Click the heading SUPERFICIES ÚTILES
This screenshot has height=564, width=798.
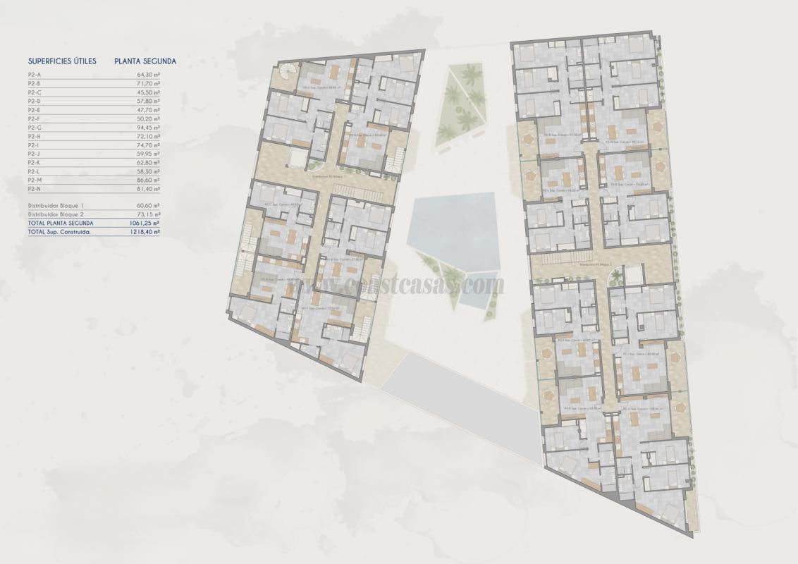tap(62, 61)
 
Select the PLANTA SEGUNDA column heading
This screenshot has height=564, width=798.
tap(145, 61)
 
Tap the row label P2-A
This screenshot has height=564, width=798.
tap(34, 73)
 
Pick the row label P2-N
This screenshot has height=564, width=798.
tap(34, 189)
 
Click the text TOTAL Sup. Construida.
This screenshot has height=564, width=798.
tap(59, 231)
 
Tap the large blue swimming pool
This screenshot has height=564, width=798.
tap(451, 226)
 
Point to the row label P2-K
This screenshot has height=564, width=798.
tap(34, 162)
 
